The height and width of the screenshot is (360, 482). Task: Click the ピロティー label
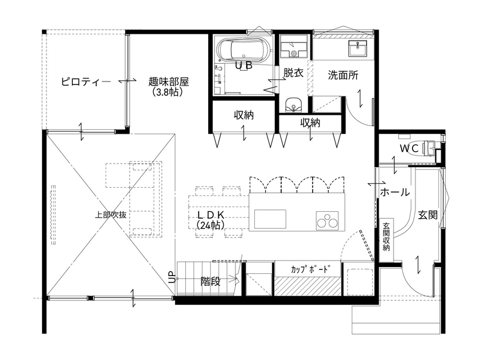(86, 82)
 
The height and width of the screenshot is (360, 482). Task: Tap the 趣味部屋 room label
(168, 82)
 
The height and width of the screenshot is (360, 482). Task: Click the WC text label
(409, 148)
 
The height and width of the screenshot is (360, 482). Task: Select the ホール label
(395, 193)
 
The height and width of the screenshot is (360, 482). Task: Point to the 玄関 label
(427, 215)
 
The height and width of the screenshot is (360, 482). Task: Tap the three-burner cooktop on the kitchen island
(326, 220)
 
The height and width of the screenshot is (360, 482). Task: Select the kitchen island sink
(270, 219)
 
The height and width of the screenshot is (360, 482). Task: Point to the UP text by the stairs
(171, 277)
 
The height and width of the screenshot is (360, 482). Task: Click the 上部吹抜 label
(111, 215)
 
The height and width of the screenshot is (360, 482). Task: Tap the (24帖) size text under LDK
(211, 225)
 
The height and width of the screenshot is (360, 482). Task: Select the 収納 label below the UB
(244, 115)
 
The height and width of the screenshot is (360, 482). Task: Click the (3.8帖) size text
(168, 91)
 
